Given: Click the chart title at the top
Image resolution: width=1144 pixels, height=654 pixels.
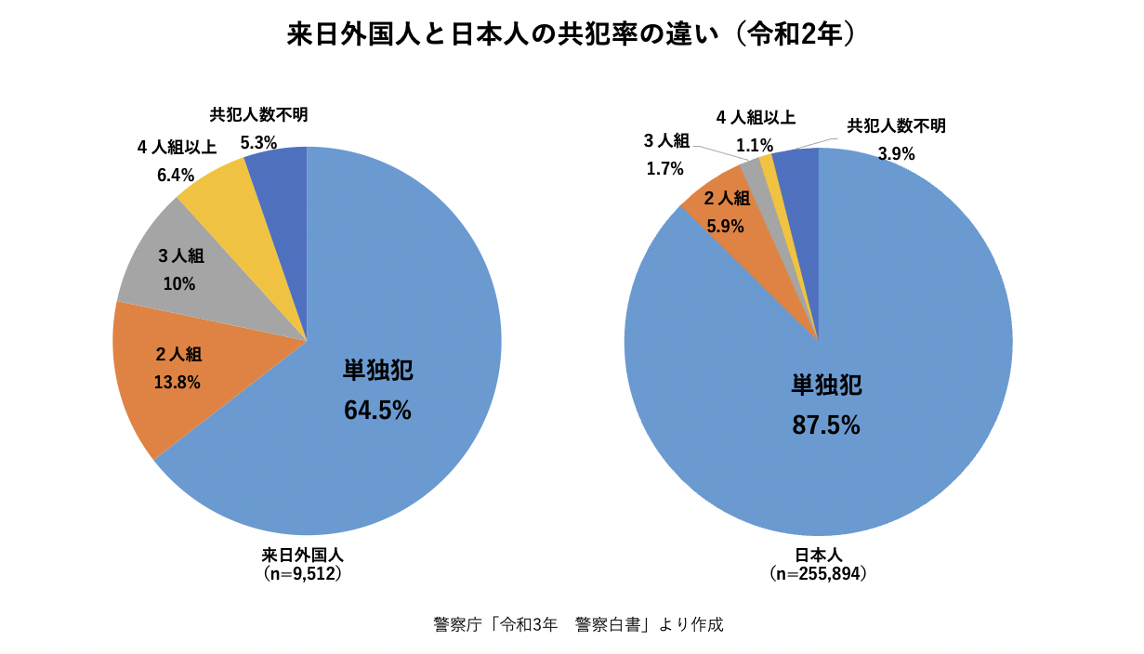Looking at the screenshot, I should click(571, 34).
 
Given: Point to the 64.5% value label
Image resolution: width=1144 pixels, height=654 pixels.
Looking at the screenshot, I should click(377, 411).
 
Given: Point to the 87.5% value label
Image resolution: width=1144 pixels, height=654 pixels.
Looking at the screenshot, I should click(825, 425).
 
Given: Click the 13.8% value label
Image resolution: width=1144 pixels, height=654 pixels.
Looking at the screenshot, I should click(178, 381).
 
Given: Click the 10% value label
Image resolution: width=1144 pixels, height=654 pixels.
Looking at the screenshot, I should click(179, 283).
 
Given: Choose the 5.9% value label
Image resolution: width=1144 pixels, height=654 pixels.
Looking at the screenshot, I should click(726, 225).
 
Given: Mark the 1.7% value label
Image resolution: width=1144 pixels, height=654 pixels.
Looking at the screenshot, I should click(665, 168).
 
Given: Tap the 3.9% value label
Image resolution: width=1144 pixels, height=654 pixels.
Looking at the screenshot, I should click(897, 154).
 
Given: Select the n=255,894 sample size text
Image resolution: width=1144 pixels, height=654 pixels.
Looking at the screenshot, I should click(819, 574).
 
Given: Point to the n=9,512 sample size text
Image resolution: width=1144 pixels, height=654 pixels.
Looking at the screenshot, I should click(303, 574).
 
